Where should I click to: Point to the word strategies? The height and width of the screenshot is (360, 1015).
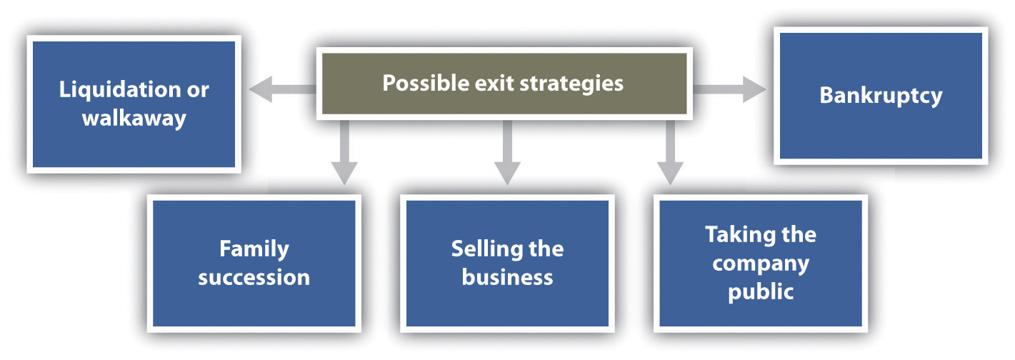569,83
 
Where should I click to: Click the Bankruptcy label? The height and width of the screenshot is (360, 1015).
881,95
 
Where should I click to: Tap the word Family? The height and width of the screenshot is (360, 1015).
254,249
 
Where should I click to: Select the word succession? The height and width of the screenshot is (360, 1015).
254,276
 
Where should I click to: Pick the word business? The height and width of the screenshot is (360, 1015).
507,276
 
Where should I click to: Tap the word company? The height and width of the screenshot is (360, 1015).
761,263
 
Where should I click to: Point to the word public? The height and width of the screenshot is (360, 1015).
761,291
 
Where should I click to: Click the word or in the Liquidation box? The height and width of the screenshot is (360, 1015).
197,90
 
